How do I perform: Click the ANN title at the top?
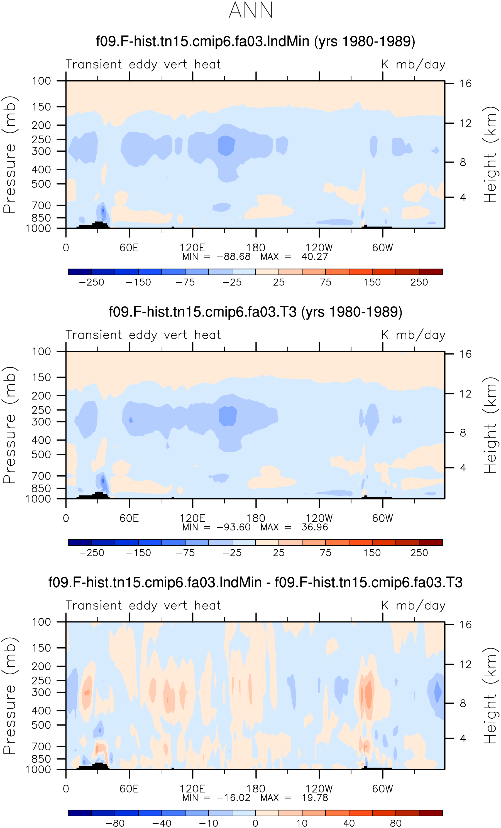[x=251, y=10]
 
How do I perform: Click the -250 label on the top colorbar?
[x=91, y=282]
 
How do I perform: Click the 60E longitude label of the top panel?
[x=129, y=248]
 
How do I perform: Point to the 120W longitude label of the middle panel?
[x=319, y=518]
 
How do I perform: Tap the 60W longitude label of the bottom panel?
[x=382, y=789]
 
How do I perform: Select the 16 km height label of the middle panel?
[x=465, y=354]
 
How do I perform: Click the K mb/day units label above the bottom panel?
[x=413, y=606]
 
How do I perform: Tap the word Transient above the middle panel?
[x=94, y=335]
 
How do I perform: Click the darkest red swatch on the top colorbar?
[x=431, y=272]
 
